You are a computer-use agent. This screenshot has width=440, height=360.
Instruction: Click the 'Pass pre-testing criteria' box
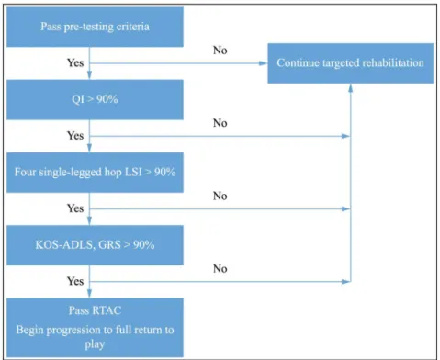tap(95, 27)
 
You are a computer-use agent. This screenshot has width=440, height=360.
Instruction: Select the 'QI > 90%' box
tap(95, 99)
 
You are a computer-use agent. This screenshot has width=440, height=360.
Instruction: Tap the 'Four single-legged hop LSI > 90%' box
tap(95, 173)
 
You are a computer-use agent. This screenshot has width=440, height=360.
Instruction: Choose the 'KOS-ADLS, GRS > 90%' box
tap(95, 245)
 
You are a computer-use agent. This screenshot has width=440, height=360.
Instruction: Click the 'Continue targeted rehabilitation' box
tap(351, 63)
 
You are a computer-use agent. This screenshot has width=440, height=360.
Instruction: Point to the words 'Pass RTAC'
tap(95, 310)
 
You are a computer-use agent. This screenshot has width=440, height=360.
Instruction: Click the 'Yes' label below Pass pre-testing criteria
tap(75, 62)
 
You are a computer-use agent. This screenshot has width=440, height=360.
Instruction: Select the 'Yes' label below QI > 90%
tap(75, 135)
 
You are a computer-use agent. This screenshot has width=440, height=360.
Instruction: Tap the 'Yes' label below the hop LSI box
tap(75, 208)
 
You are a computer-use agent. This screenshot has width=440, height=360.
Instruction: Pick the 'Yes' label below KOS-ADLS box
tap(75, 281)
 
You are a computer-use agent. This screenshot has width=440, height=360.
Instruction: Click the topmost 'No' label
tap(220, 50)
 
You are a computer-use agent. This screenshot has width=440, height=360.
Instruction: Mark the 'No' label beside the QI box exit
tap(220, 123)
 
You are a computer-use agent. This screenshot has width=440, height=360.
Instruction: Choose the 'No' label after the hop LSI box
tap(220, 196)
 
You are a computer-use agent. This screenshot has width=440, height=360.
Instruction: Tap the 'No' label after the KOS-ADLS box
tap(220, 268)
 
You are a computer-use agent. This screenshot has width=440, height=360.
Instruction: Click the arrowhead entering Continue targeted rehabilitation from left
tap(264, 63)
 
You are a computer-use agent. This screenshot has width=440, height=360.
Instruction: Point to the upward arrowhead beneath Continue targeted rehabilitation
tap(351, 88)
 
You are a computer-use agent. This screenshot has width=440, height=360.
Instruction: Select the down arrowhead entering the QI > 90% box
tap(89, 75)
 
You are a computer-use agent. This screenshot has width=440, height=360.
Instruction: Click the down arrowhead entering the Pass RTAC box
tap(89, 294)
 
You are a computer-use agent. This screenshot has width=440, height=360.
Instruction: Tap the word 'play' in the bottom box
tap(95, 344)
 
